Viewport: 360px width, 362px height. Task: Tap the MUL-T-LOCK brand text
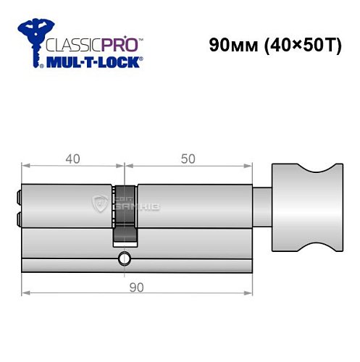coord(93,63)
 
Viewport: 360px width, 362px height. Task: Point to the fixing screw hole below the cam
coord(125,258)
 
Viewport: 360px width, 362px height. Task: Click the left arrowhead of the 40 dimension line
coord(25,168)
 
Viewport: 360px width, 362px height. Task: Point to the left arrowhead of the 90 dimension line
coord(25,293)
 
